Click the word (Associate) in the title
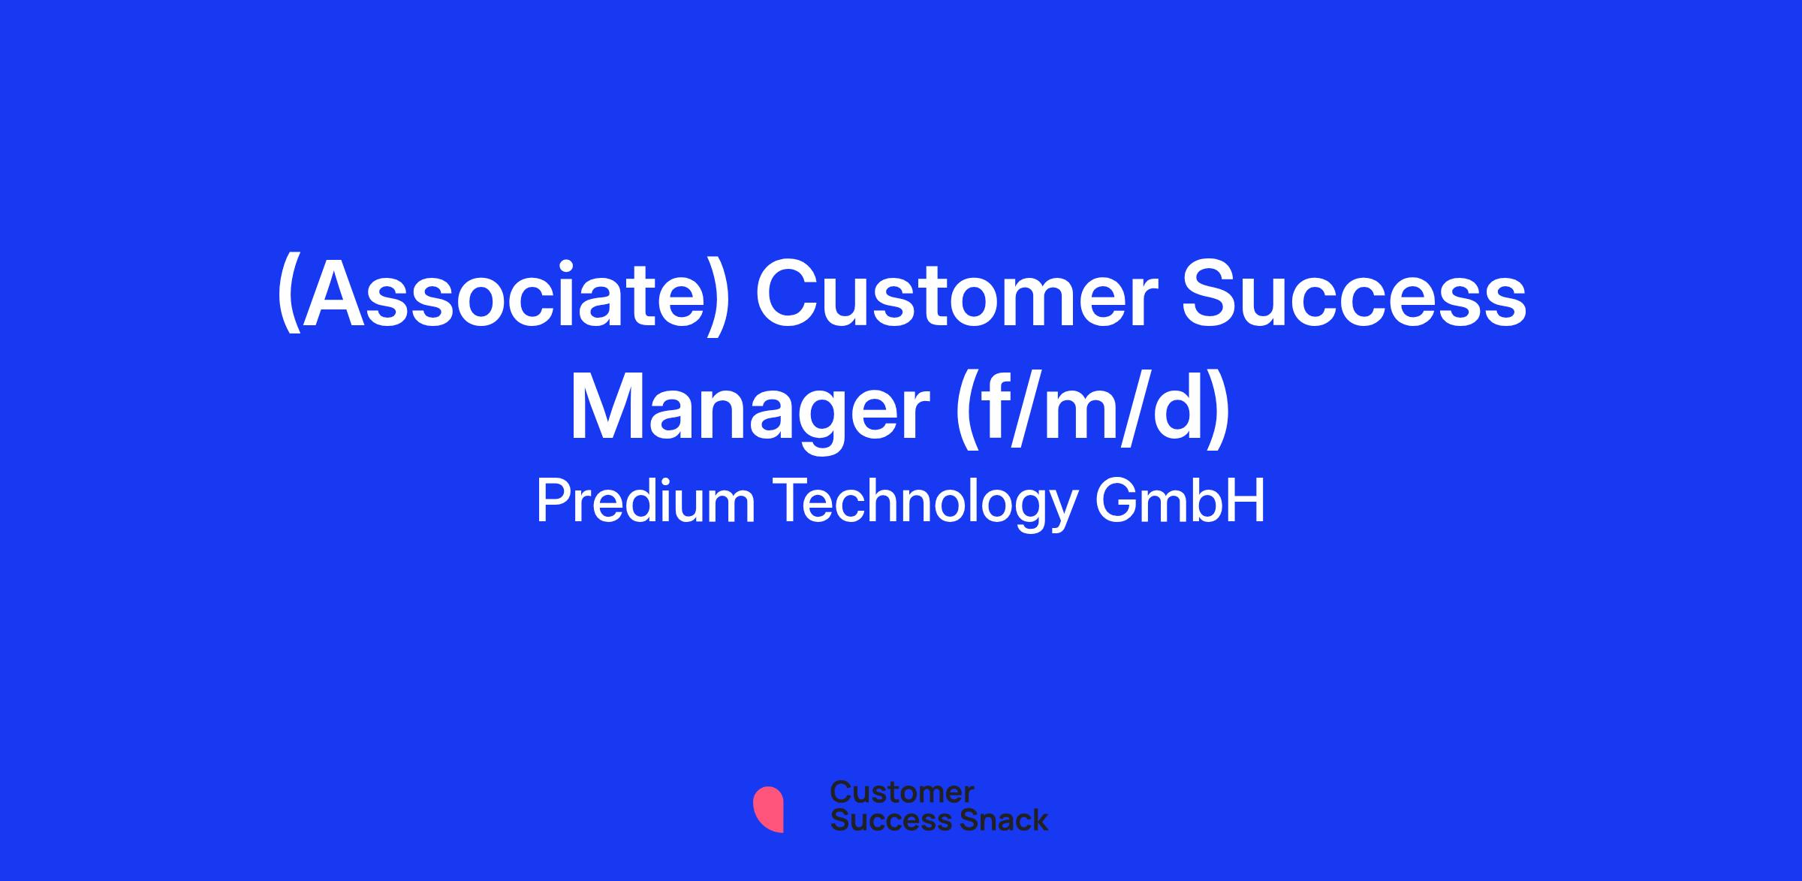504,296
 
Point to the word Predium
645,502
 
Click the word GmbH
1180,502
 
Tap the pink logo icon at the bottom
768,810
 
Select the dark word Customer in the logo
902,792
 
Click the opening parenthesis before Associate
289,297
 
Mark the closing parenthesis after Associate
719,297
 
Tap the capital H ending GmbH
1248,502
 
